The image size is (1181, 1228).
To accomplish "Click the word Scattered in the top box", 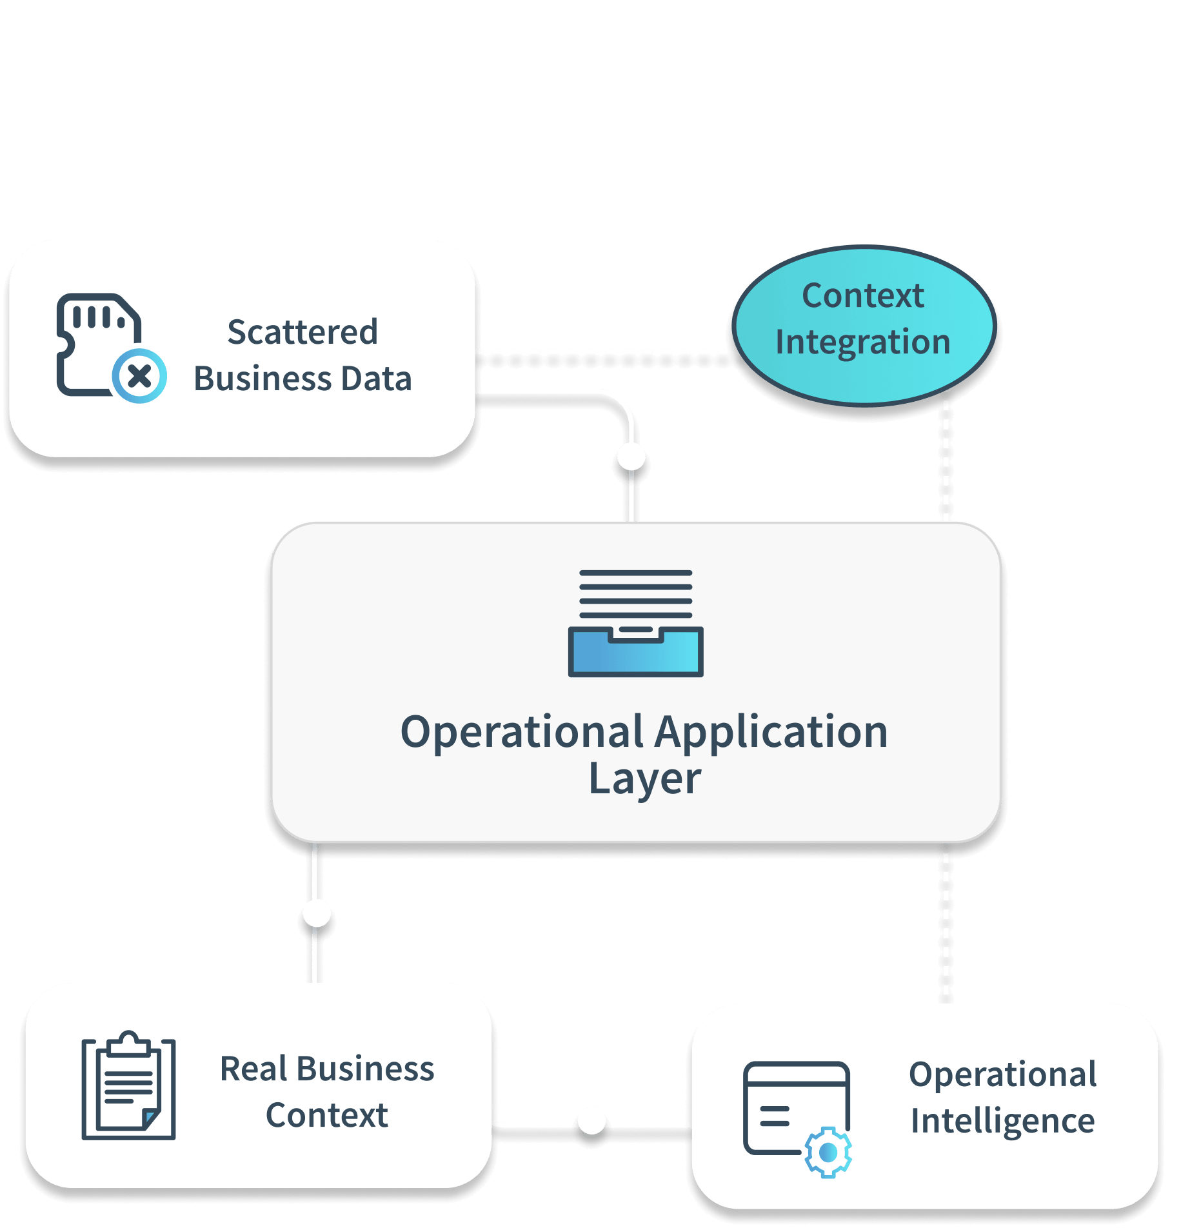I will click(x=302, y=333).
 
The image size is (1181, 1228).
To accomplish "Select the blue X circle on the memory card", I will click(x=139, y=376).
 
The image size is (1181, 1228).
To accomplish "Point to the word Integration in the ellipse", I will click(x=863, y=342).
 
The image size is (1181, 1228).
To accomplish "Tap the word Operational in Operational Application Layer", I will click(x=521, y=733).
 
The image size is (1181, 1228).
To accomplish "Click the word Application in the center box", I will click(x=771, y=733).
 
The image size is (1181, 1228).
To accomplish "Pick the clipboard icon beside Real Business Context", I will click(x=128, y=1086).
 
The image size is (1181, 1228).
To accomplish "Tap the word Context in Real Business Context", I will click(x=326, y=1116).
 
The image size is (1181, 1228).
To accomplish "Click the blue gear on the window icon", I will click(x=828, y=1152).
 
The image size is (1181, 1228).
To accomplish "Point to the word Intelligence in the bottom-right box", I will click(x=1002, y=1121).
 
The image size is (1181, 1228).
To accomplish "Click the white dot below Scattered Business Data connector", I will click(x=631, y=457).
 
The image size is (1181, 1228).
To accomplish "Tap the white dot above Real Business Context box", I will click(x=317, y=913).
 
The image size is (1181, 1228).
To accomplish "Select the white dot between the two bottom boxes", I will click(x=591, y=1120).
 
